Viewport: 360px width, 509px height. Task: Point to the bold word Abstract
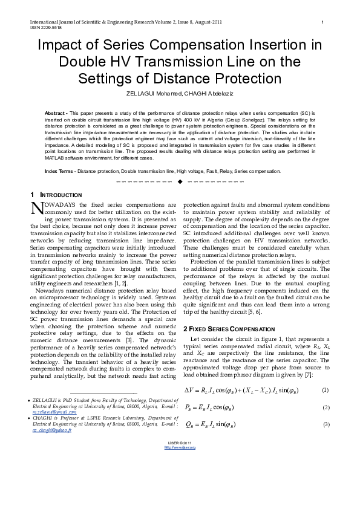[56, 113]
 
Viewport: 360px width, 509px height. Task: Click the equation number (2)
[325, 407]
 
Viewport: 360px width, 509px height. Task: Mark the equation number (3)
[325, 424]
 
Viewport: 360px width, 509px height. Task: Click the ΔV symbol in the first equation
[192, 390]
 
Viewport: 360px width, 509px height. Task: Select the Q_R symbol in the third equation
[190, 425]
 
